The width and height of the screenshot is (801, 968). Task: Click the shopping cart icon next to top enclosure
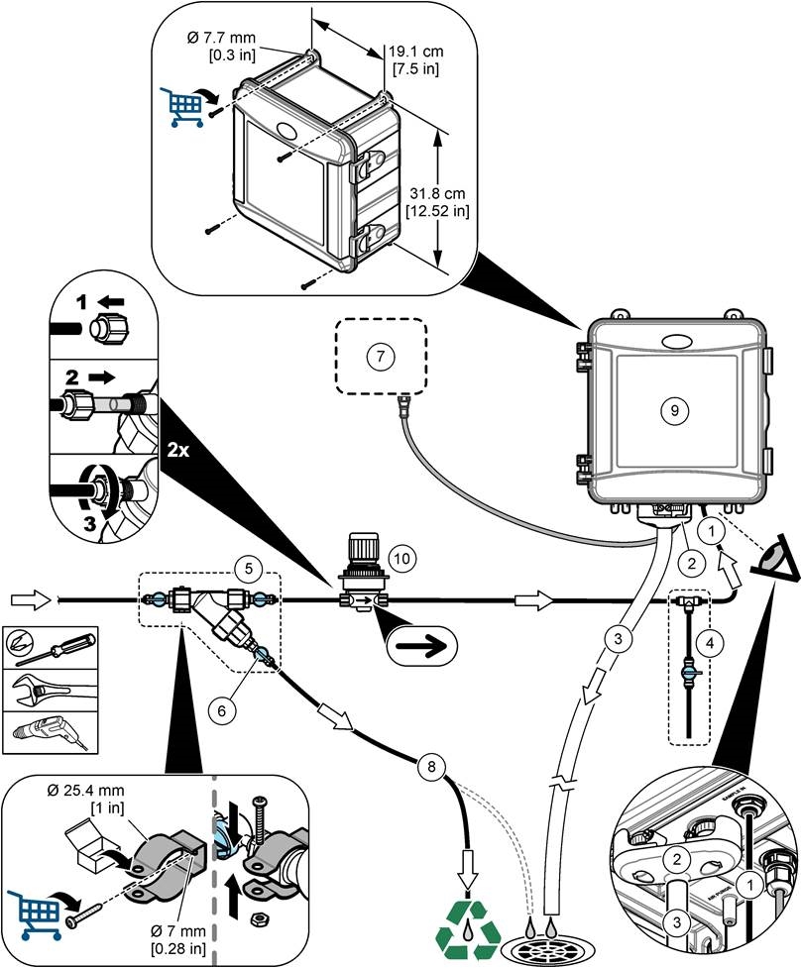click(x=179, y=106)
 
